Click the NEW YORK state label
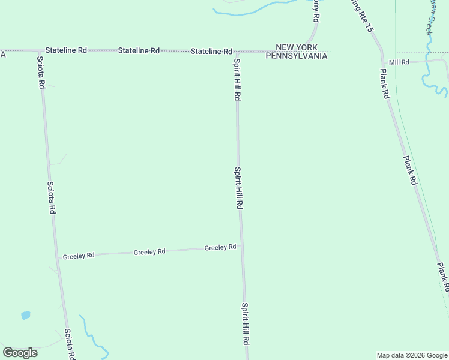297,47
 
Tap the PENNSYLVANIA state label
297,56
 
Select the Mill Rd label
399,62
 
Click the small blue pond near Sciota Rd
25,314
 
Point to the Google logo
20,353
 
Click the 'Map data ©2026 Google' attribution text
412,355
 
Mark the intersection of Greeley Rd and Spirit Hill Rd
241,246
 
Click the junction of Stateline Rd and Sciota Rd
38,50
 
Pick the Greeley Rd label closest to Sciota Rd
79,256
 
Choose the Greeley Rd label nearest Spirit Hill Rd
220,247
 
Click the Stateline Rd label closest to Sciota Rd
66,50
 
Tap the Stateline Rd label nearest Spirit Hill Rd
211,52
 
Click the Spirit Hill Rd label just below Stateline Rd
237,80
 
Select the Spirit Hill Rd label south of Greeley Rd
245,323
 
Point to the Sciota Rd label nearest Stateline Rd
41,73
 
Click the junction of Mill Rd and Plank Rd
382,63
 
